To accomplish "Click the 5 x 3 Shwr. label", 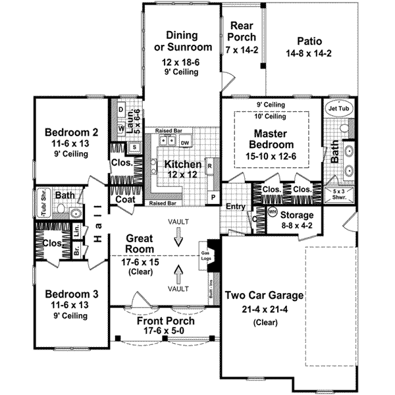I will pyautogui.click(x=336, y=193).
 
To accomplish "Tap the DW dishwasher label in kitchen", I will pyautogui.click(x=185, y=142).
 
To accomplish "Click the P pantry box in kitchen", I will pyautogui.click(x=212, y=197).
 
